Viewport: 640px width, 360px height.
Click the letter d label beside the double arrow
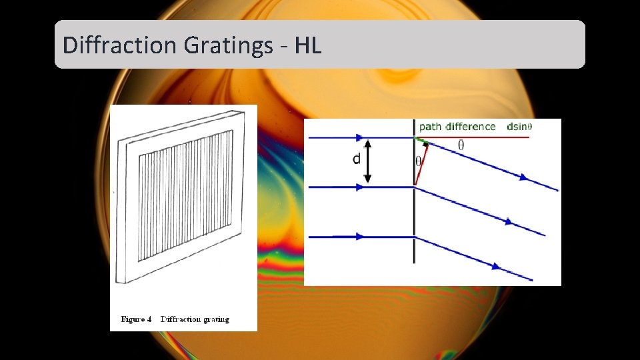coord(357,159)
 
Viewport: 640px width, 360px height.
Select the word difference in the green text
coord(471,127)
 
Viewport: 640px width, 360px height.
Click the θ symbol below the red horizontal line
coord(461,145)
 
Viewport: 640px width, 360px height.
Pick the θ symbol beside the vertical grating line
coord(419,161)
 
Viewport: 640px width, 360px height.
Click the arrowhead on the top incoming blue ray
coord(360,138)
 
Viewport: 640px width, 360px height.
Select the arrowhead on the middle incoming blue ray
coord(360,187)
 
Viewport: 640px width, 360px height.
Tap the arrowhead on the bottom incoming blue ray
coord(360,236)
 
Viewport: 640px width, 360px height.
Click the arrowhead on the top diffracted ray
coord(524,177)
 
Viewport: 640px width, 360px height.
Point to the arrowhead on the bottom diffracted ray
coord(497,266)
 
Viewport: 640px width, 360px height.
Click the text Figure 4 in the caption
coord(136,319)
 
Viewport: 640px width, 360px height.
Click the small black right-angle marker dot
coord(426,143)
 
